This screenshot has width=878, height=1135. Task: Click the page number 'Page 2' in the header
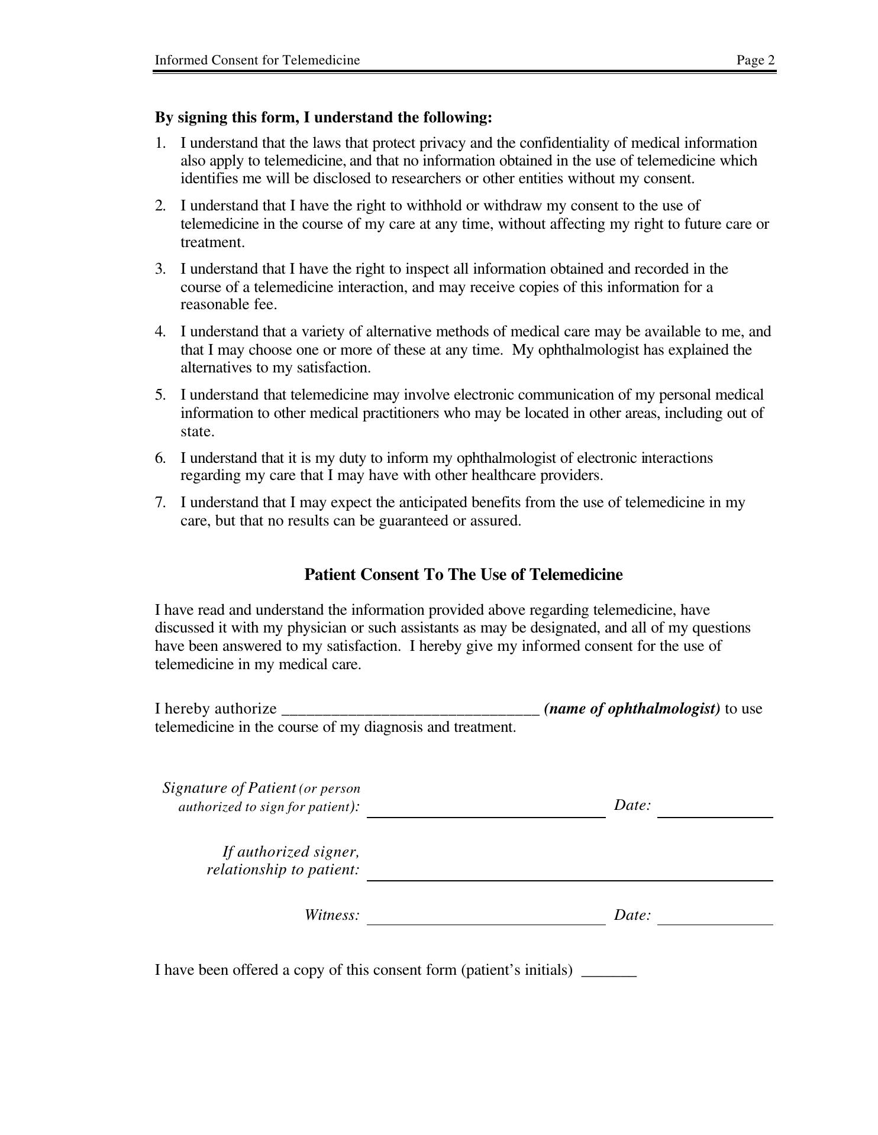pos(756,60)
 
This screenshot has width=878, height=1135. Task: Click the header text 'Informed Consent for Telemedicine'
pos(257,60)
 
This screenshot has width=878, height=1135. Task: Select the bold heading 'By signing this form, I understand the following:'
pos(323,117)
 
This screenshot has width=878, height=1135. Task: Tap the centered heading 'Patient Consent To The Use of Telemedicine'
pos(463,575)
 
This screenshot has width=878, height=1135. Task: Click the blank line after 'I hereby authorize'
pos(411,712)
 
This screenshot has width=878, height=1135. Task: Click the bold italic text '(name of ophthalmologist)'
pos(632,708)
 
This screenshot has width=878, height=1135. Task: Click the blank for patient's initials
pos(609,975)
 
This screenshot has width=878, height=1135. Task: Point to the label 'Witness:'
pos(332,915)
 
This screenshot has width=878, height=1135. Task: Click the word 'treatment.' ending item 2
pos(212,242)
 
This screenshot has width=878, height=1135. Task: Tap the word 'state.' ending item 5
pos(197,432)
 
